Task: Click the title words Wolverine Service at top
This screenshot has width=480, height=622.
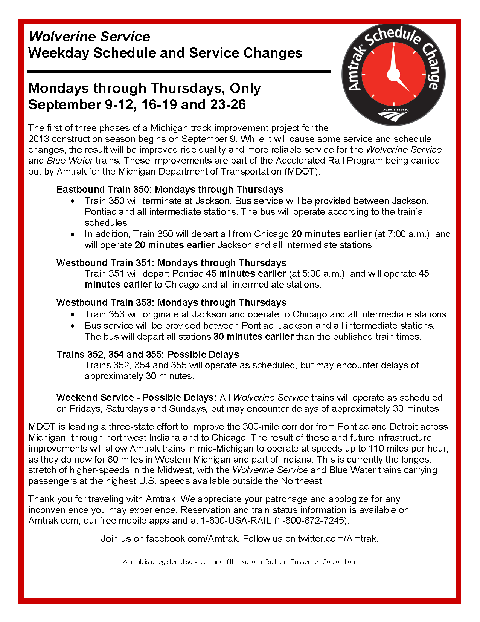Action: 89,37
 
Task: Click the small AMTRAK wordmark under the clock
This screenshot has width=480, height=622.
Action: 396,110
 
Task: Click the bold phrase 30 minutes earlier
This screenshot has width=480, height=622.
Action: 253,337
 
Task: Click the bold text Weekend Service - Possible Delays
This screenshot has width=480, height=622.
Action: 136,398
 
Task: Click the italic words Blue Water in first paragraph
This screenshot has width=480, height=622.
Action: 70,161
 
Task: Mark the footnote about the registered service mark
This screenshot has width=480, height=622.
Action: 239,562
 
